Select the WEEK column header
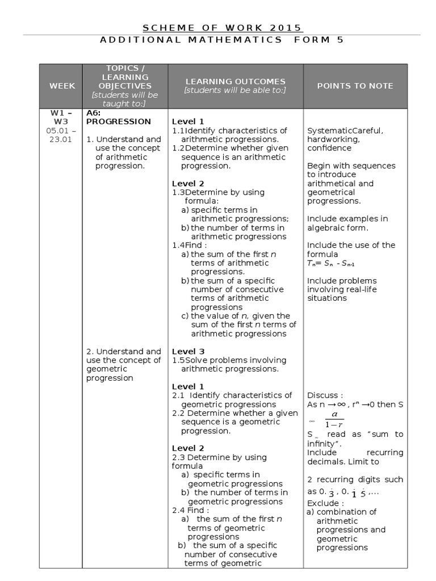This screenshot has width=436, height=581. click(62, 86)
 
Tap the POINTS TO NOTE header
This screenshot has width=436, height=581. click(355, 86)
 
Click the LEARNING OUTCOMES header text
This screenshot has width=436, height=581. click(235, 82)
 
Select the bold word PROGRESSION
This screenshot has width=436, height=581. click(118, 121)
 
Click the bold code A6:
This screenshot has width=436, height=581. click(93, 113)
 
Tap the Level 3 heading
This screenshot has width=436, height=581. click(188, 351)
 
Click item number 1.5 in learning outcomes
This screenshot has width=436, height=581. click(178, 360)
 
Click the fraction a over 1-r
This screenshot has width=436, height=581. click(330, 420)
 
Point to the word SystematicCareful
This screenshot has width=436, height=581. click(345, 130)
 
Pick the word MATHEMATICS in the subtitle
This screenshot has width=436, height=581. click(247, 40)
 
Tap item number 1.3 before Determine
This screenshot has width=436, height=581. click(178, 192)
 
